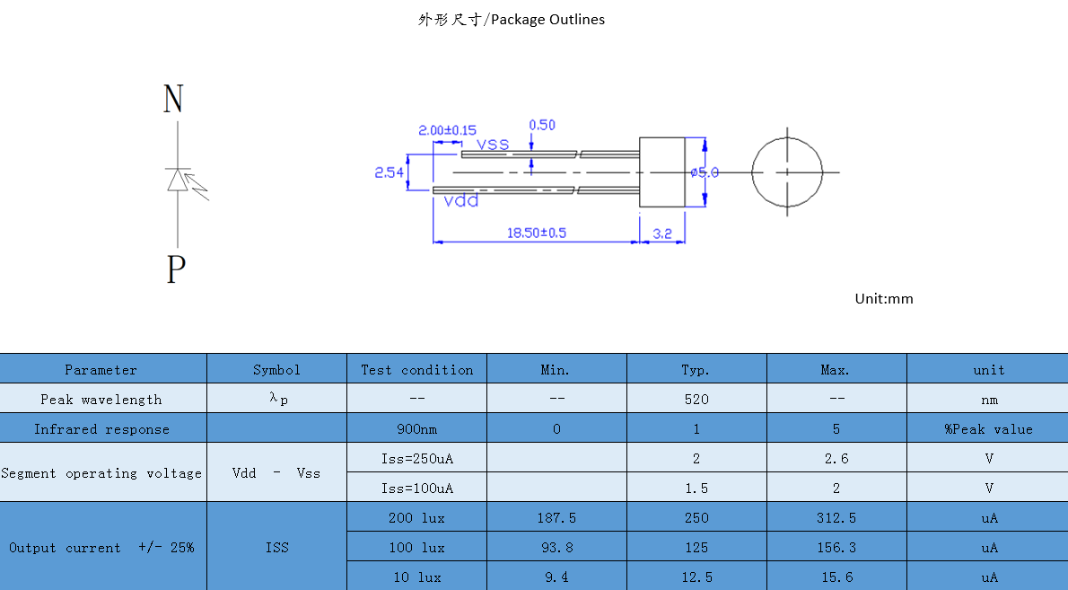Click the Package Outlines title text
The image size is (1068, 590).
click(x=511, y=19)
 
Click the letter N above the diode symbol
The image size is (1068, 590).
click(x=173, y=99)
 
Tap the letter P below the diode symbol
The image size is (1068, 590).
click(x=176, y=269)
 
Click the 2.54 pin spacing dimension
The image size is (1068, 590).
click(x=389, y=172)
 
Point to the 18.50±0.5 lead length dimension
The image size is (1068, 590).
click(x=536, y=233)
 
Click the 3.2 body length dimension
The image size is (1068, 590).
click(x=662, y=233)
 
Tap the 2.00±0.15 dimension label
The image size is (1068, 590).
click(x=447, y=129)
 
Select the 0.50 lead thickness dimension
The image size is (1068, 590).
click(x=542, y=125)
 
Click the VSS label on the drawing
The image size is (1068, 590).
click(x=493, y=145)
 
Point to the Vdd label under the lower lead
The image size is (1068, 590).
click(x=461, y=201)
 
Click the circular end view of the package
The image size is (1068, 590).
click(x=786, y=172)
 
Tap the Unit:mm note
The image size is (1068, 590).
click(x=883, y=298)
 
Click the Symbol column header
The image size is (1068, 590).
click(x=276, y=369)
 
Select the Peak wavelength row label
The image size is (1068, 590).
click(x=101, y=399)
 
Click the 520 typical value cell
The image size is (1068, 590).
click(x=696, y=399)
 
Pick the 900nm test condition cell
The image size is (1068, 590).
click(x=416, y=428)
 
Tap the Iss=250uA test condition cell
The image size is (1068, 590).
click(x=416, y=458)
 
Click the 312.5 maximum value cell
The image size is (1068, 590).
click(x=836, y=517)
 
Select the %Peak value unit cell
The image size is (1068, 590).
click(x=988, y=428)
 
